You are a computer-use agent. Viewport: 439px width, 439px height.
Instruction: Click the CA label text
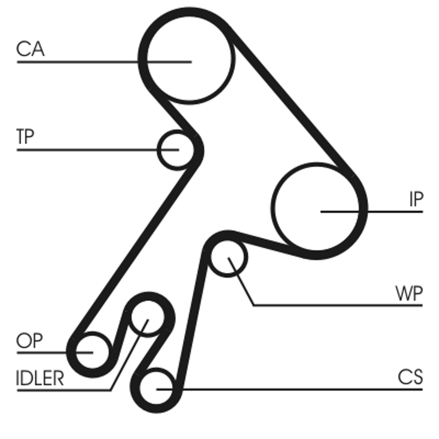pos(30,49)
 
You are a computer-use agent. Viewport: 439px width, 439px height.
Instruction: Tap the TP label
pos(25,137)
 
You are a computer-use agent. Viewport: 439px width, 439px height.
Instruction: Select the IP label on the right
pos(415,199)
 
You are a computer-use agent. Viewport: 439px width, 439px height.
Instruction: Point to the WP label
pos(409,295)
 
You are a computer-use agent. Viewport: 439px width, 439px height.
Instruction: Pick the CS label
pos(410,377)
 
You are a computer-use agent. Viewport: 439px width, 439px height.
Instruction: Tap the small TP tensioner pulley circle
pos(176,149)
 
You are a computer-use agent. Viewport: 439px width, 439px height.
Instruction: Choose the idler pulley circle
pos(147,317)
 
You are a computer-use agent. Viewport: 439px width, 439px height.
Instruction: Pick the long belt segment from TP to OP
pos(137,247)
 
